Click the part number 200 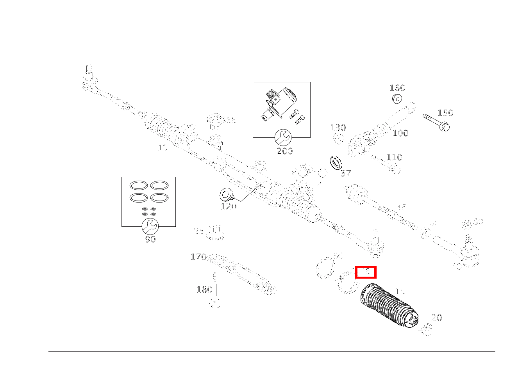point(284,151)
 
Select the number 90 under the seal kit point(150,239)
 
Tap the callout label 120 point(229,206)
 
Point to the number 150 point(445,113)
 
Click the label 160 point(397,88)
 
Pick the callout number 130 point(338,128)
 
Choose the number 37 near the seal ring point(345,173)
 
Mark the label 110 point(394,157)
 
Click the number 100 point(400,133)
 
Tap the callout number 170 point(198,257)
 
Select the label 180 point(204,290)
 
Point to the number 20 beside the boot point(437,318)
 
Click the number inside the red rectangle point(365,272)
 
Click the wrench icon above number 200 point(283,137)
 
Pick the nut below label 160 point(397,99)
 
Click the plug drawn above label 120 point(225,194)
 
